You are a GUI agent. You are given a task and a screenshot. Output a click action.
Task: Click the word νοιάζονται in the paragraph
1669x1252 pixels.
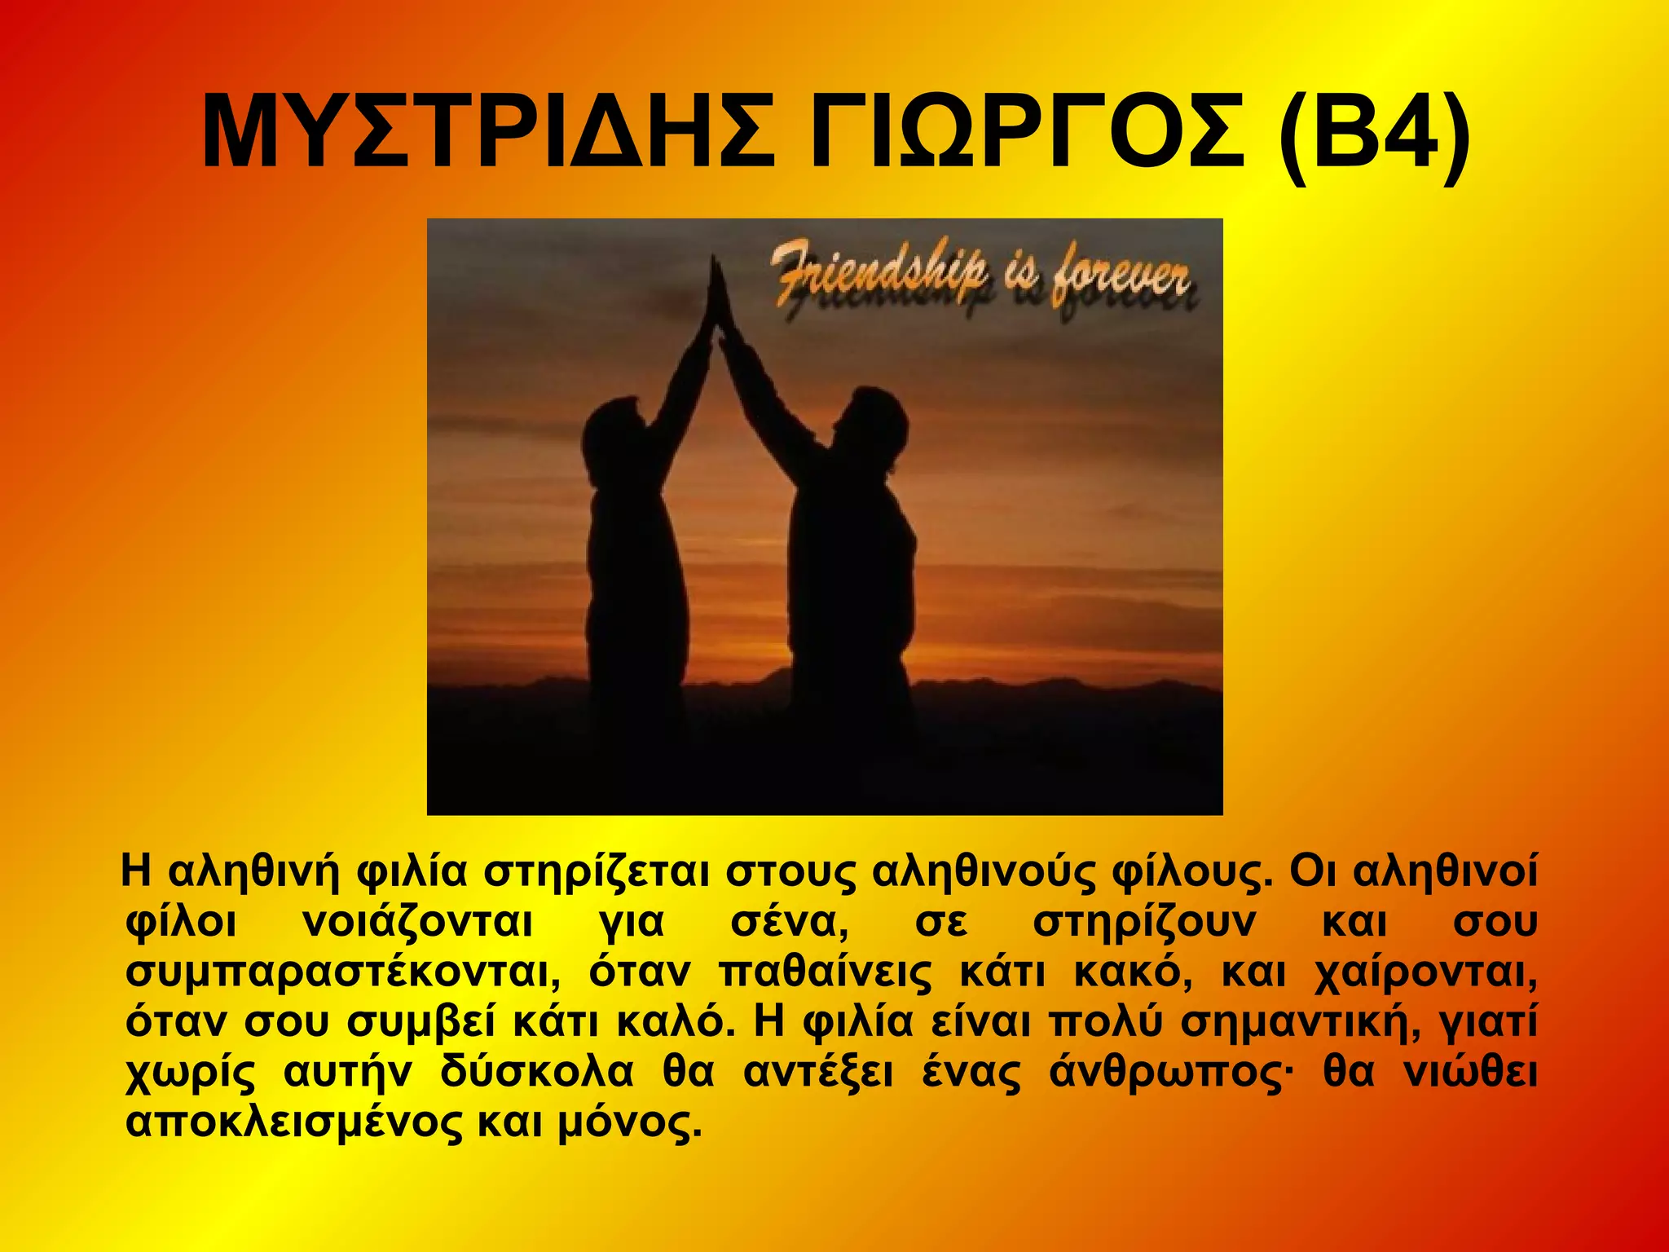pos(417,922)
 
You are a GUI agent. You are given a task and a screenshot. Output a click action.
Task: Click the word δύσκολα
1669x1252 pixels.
pos(537,1072)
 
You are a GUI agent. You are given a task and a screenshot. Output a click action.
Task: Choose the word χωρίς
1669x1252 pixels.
pos(190,1072)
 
